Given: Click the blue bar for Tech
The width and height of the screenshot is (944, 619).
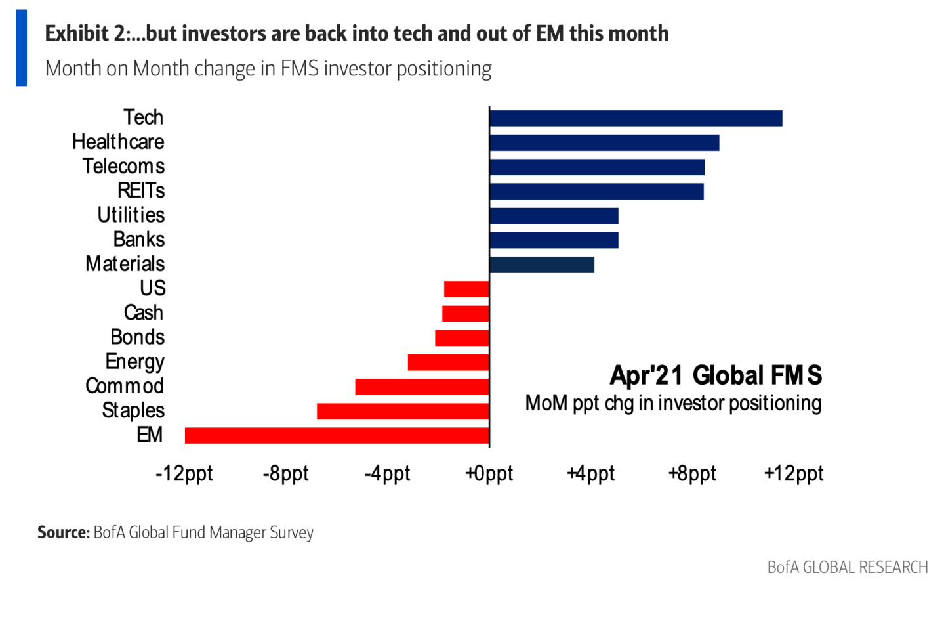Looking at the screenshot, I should (x=636, y=118).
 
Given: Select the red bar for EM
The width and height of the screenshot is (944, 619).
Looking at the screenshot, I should (x=337, y=435).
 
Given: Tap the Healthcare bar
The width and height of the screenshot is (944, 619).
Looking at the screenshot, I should (x=604, y=142).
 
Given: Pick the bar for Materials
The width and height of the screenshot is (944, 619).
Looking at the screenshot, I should (x=542, y=265).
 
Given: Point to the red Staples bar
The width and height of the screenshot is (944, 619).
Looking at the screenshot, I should (x=403, y=411).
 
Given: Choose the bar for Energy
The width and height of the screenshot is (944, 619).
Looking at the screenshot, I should (x=449, y=362).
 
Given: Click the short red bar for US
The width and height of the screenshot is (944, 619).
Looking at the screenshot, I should (x=466, y=289).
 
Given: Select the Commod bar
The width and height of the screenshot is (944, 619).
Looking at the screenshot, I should (x=422, y=387).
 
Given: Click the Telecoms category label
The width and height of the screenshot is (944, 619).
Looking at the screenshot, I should (x=123, y=167).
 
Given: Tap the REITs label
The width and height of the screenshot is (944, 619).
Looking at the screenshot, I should (x=141, y=191).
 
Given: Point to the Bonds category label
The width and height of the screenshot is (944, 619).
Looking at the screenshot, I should (x=137, y=337).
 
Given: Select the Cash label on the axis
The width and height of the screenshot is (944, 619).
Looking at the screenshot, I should (x=144, y=313).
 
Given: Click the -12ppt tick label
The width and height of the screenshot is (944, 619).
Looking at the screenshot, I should (x=184, y=474).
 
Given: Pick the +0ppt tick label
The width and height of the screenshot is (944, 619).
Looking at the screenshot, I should (x=489, y=474).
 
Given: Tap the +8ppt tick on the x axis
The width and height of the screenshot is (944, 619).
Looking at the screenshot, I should (x=692, y=474).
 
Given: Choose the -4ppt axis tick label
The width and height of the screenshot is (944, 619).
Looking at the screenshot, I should (x=387, y=474).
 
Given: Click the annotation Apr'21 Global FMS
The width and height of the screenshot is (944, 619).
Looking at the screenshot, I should (x=716, y=375).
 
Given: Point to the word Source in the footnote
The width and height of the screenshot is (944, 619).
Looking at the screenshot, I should (x=63, y=532).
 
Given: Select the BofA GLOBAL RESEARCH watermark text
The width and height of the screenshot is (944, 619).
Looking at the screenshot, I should (x=848, y=568).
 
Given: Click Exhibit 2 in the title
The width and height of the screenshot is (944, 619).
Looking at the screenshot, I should (x=88, y=33).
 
